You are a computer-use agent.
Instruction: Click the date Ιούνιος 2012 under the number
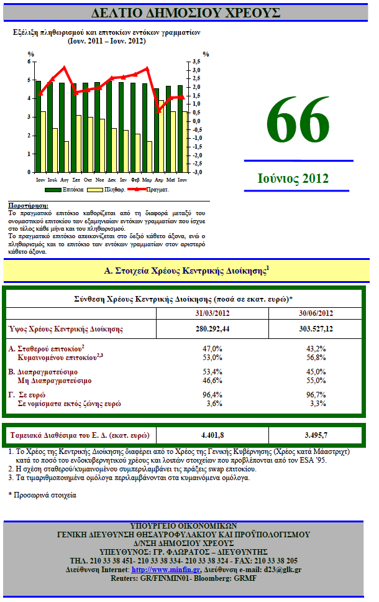coord(293,178)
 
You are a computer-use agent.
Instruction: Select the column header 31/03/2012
coord(212,313)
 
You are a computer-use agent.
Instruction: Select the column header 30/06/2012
coord(316,313)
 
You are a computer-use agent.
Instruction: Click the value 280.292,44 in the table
coord(212,329)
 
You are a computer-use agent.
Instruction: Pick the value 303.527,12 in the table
coord(316,329)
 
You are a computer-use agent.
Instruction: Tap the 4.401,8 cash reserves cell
coord(212,433)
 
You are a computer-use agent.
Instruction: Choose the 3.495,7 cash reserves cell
coord(316,433)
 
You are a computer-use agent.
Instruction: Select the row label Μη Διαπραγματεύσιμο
coord(55,380)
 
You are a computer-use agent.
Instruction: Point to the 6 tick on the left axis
coord(29,62)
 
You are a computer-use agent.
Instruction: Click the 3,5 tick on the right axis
coord(196,62)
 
